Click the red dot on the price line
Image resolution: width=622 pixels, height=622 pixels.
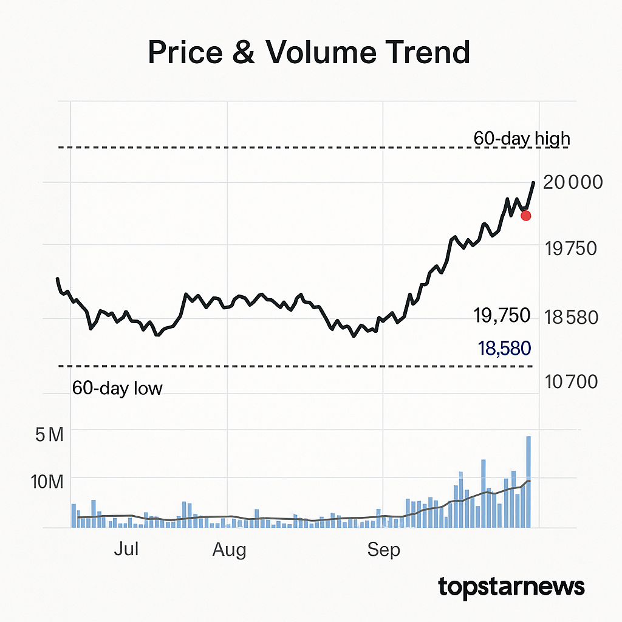(x=526, y=216)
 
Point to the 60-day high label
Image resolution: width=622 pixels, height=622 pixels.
(x=522, y=138)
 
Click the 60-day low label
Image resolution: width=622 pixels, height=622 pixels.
(x=117, y=388)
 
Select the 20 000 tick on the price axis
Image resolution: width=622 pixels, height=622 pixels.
(x=573, y=182)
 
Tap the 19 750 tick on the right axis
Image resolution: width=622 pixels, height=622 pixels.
(x=572, y=248)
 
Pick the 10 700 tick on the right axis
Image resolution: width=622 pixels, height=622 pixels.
(x=572, y=382)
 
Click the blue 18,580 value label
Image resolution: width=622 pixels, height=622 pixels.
(x=504, y=349)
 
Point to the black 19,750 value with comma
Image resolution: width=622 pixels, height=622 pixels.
(x=502, y=316)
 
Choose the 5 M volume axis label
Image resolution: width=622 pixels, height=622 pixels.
(x=49, y=435)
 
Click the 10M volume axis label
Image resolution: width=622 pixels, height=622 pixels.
(x=47, y=482)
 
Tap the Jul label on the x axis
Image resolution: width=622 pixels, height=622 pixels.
(x=126, y=550)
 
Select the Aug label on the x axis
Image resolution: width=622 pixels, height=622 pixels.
(x=229, y=550)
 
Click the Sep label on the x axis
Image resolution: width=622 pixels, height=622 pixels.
(x=384, y=550)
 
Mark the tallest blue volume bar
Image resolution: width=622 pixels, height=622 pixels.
(x=528, y=481)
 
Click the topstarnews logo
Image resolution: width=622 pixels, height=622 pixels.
(x=511, y=587)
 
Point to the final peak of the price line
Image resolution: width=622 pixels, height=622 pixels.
(x=533, y=182)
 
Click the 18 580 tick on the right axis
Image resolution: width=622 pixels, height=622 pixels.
(x=572, y=317)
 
